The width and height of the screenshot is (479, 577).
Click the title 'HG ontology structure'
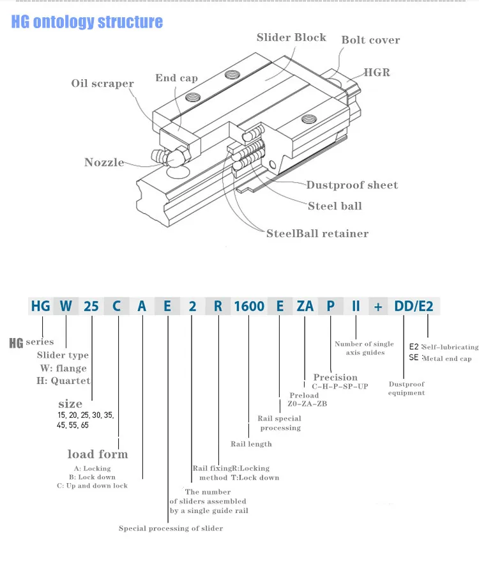click(87, 22)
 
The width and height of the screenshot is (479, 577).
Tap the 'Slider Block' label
click(291, 37)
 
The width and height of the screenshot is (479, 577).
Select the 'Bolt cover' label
click(370, 40)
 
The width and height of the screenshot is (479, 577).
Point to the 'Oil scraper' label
click(102, 84)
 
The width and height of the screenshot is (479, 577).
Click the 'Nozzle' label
click(104, 162)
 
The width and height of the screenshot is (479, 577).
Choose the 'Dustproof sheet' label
click(352, 185)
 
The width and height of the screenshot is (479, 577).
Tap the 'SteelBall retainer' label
click(317, 234)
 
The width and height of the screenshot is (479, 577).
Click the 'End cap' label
click(176, 78)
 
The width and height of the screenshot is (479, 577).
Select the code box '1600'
click(249, 306)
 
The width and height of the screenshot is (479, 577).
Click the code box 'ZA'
click(305, 306)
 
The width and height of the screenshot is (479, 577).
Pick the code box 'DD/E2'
click(413, 306)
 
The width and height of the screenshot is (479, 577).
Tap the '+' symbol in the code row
click(378, 306)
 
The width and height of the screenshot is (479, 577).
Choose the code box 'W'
click(66, 306)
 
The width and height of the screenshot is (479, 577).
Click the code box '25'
click(91, 306)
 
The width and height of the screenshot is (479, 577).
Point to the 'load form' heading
click(98, 454)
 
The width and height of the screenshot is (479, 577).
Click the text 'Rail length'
click(251, 444)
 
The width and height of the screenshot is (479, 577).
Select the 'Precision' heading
click(335, 378)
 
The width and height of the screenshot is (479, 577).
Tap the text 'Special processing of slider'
click(171, 528)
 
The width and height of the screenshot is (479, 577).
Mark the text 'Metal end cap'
click(447, 358)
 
